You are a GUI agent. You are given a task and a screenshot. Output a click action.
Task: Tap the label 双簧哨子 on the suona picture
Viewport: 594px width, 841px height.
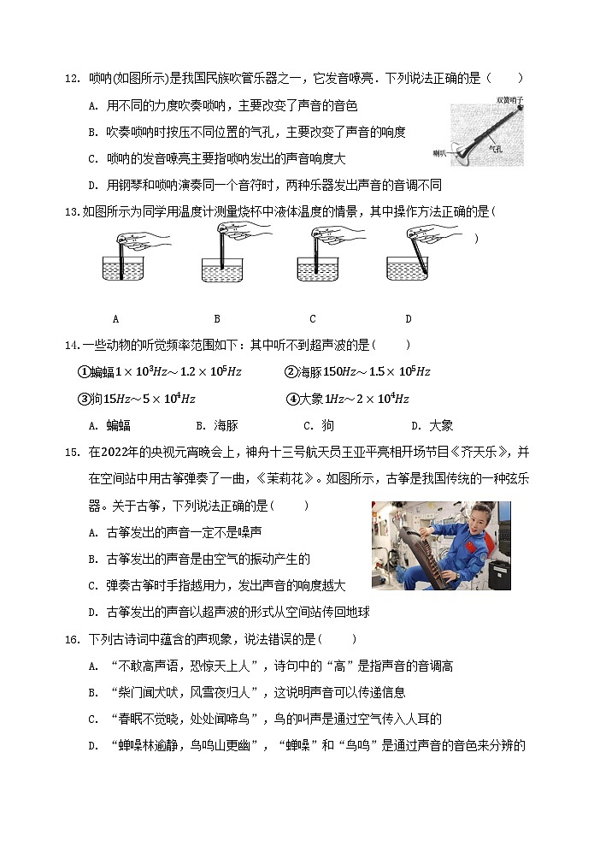click(509, 100)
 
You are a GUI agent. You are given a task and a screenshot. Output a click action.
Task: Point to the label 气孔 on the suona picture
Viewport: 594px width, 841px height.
click(495, 148)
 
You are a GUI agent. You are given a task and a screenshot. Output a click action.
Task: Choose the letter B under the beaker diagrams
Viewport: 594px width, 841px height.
click(217, 319)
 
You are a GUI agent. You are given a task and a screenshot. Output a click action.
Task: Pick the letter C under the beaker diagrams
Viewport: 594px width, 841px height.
click(313, 319)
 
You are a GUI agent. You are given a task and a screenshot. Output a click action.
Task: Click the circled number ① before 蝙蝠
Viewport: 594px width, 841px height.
click(84, 372)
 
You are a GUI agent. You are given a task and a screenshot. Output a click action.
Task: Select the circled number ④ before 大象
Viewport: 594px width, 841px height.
click(292, 399)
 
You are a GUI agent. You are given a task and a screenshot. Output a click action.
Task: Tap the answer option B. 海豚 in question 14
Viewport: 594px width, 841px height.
click(216, 425)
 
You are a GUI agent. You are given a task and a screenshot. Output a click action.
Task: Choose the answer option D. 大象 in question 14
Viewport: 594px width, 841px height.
click(432, 425)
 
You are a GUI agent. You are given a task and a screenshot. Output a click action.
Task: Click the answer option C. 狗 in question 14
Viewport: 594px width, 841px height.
click(318, 425)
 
